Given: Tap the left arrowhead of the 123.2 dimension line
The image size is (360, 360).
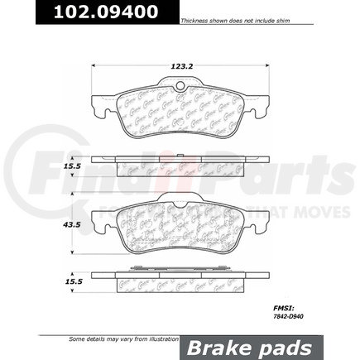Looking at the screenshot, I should (x=93, y=65).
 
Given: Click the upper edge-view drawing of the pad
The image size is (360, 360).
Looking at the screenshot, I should (x=180, y=166).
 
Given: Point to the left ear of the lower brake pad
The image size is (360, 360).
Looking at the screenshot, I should (x=98, y=222).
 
